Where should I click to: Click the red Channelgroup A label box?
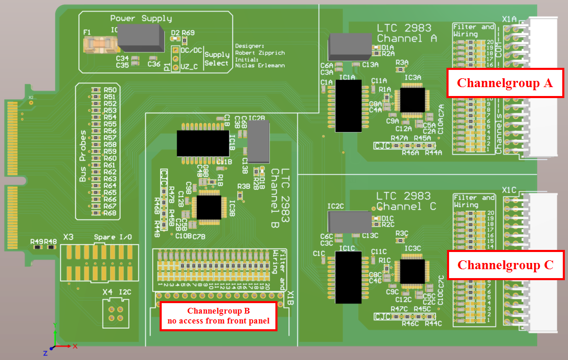pyautogui.click(x=505, y=82)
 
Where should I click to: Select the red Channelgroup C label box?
pyautogui.click(x=505, y=265)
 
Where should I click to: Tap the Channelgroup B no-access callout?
pyautogui.click(x=217, y=316)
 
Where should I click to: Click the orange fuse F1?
pyautogui.click(x=99, y=44)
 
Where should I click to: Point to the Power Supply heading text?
pyautogui.click(x=141, y=19)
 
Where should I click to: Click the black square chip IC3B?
pyautogui.click(x=208, y=207)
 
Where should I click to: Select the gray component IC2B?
pyautogui.click(x=258, y=141)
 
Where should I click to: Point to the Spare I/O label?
pyautogui.click(x=113, y=237)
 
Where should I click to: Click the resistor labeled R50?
pyautogui.click(x=95, y=90)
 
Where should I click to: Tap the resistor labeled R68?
pyautogui.click(x=95, y=212)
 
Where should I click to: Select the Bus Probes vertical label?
pyautogui.click(x=83, y=156)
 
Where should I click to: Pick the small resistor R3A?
pyautogui.click(x=401, y=69)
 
